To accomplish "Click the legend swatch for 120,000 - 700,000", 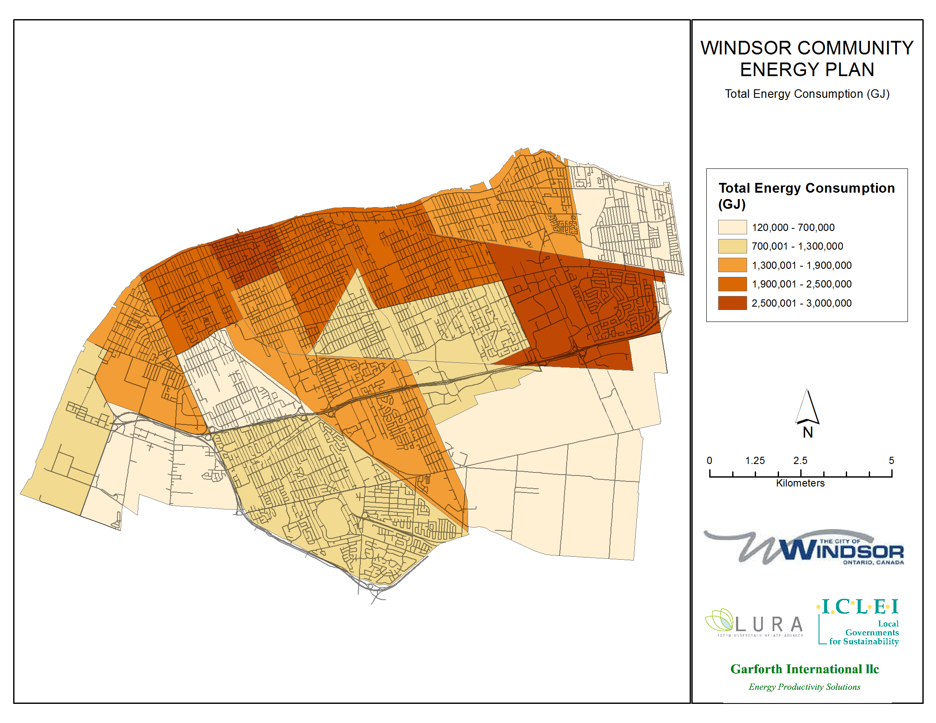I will point(732,227).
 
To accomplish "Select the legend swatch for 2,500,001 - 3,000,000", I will point(732,303).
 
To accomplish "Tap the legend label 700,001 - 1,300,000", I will point(797,246).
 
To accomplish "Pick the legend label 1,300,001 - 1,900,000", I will point(802,265).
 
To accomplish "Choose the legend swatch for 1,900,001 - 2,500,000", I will point(732,284).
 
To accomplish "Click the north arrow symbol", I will point(808,407).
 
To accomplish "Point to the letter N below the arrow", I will point(808,433).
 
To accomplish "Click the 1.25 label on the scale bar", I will point(755,461).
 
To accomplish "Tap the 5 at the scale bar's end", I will point(891,461).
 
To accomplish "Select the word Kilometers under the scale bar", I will point(800,483).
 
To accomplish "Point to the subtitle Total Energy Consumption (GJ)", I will point(807,94).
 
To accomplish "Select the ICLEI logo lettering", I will point(859,607).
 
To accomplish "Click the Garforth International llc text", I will point(805,669).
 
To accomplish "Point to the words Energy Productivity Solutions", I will point(805,686).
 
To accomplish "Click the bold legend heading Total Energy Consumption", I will point(807,188).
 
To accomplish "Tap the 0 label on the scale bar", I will point(709,461).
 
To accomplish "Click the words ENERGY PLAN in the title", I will point(807,70).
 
